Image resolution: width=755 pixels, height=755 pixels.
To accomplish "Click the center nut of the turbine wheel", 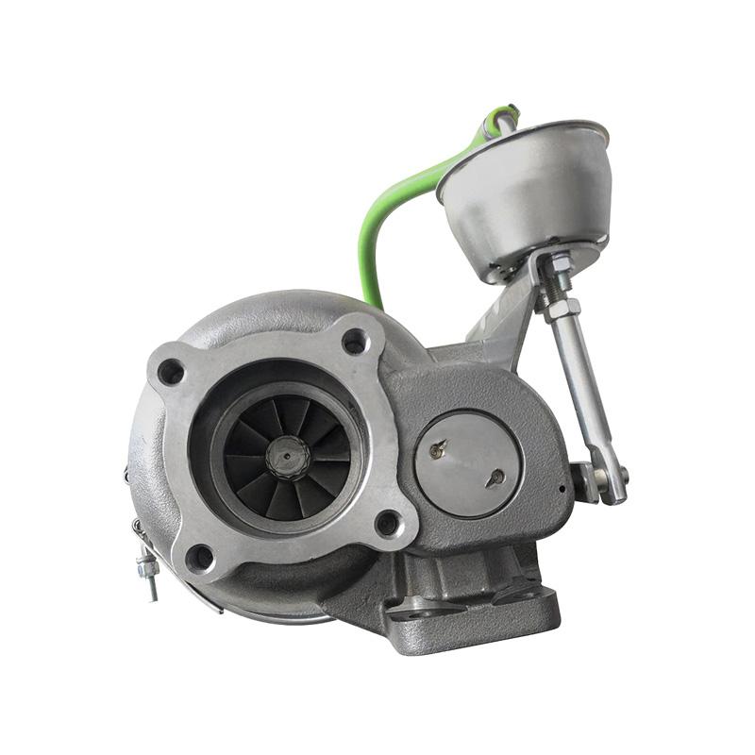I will coord(287,458).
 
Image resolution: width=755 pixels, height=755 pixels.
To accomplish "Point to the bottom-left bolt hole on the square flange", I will coord(199,557).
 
